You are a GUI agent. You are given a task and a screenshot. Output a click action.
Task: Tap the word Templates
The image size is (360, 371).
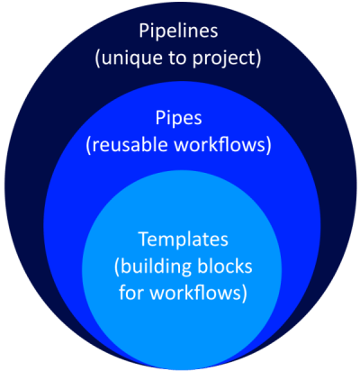click(x=180, y=241)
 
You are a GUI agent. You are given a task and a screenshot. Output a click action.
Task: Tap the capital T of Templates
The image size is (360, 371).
click(x=142, y=240)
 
